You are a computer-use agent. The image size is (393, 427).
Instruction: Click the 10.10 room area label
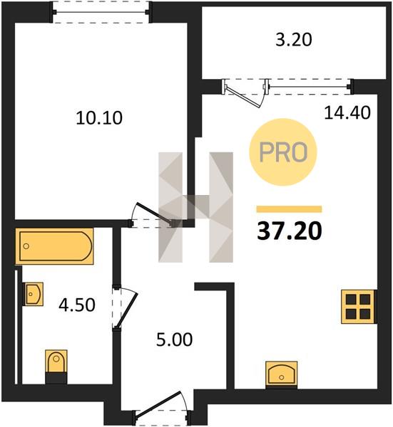click(99, 118)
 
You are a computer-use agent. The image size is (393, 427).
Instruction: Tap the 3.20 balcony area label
click(293, 40)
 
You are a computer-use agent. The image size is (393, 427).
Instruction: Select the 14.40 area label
click(347, 112)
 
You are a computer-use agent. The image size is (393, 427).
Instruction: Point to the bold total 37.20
click(290, 231)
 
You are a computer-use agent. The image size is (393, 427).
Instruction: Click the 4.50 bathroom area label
click(77, 305)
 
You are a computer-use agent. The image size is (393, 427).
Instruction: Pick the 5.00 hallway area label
click(175, 339)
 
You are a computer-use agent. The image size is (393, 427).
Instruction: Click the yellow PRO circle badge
click(283, 152)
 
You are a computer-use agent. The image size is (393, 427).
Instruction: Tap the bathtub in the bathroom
click(55, 246)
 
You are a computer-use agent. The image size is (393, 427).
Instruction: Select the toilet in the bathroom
click(56, 367)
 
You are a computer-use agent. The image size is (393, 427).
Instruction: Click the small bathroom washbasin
click(33, 294)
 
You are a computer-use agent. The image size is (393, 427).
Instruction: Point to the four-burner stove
click(359, 307)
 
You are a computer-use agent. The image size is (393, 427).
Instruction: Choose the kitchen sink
click(282, 374)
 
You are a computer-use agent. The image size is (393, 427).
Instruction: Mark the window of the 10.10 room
click(101, 12)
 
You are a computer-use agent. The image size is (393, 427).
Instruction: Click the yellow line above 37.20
click(290, 209)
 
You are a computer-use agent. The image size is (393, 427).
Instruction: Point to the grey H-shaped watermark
click(195, 207)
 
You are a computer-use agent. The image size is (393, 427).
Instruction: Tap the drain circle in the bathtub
click(26, 246)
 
